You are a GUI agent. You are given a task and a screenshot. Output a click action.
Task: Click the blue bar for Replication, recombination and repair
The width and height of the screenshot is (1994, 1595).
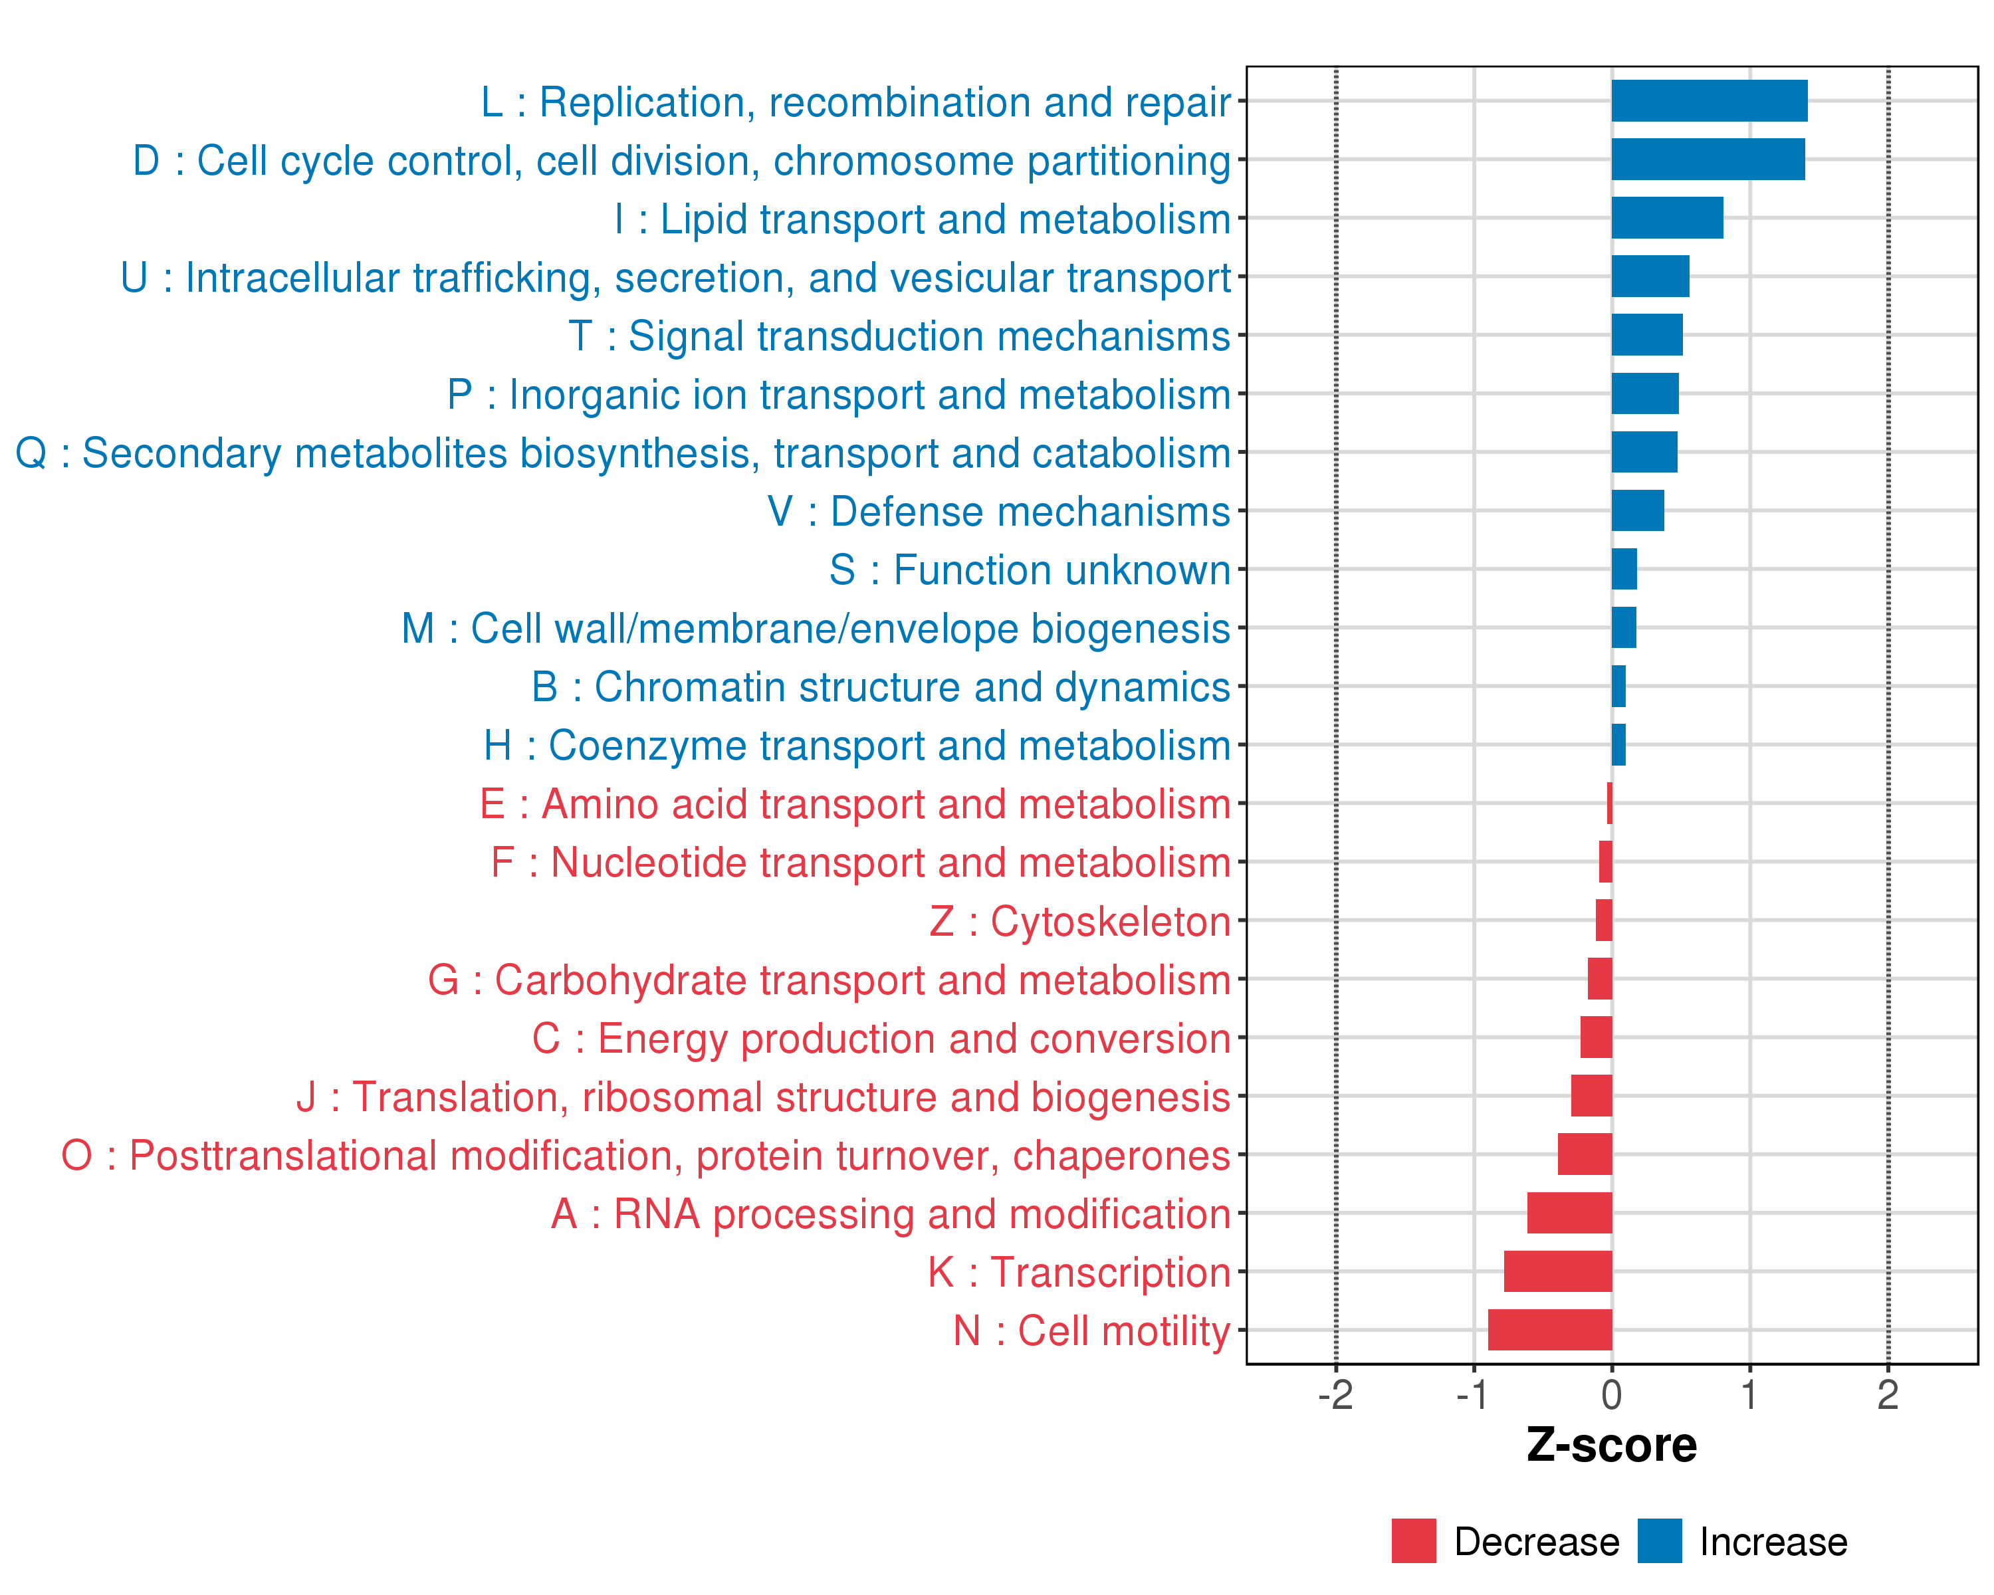click(x=1709, y=101)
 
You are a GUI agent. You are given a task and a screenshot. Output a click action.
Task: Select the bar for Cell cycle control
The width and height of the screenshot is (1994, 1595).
click(x=1708, y=159)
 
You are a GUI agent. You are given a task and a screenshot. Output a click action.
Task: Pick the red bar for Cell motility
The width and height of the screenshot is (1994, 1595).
click(x=1550, y=1330)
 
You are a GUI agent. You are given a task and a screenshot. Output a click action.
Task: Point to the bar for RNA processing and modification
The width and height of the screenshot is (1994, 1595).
click(x=1569, y=1212)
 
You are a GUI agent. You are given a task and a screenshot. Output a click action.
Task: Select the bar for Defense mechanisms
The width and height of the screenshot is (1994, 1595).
click(x=1637, y=510)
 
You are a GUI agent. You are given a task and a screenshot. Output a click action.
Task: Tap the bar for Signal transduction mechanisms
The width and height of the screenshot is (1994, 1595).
click(x=1646, y=335)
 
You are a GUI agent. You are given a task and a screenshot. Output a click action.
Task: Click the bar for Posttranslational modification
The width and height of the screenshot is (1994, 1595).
click(x=1585, y=1154)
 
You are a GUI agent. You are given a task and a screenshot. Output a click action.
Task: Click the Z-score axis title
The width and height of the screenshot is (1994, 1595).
click(x=1611, y=1446)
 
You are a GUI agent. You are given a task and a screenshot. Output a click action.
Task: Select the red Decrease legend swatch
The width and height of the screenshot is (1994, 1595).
click(x=1413, y=1541)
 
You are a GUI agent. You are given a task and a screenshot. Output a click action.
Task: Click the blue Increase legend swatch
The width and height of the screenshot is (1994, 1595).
click(x=1659, y=1541)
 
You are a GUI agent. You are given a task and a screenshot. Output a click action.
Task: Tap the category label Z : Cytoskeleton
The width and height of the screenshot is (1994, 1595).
click(x=1079, y=922)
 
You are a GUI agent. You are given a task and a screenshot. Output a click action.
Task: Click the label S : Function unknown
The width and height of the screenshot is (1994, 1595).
click(x=1030, y=570)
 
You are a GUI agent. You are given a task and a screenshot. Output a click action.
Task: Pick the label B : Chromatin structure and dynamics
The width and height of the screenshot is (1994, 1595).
click(x=881, y=687)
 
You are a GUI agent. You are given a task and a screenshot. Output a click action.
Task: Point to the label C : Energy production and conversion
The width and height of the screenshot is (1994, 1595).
click(x=881, y=1038)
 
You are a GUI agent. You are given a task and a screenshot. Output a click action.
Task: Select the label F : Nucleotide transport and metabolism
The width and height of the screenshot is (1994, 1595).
click(x=860, y=863)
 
